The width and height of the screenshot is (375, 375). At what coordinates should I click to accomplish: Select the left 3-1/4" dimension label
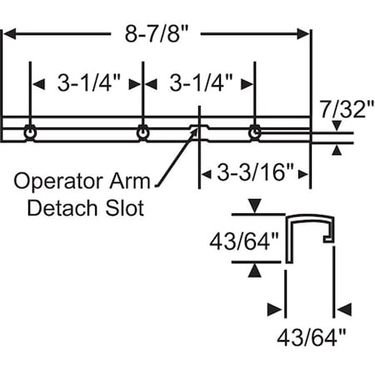click(87, 83)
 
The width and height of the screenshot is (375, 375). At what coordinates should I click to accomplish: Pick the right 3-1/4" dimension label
click(200, 83)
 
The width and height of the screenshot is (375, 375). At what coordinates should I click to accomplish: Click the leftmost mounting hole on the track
click(31, 132)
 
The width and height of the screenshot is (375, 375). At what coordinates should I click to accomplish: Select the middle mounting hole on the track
click(143, 132)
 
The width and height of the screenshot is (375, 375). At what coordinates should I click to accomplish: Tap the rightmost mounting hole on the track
click(254, 131)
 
